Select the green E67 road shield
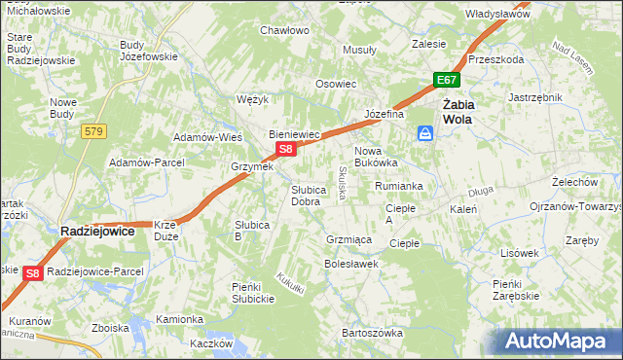pos(446,81)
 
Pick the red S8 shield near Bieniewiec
pos(284,149)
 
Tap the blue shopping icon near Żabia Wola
pos(425,132)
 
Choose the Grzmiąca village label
pos(349,238)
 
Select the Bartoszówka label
pos(372,333)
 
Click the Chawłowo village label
pos(284,30)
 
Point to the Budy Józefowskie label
pos(148,51)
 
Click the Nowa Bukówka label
pos(376,158)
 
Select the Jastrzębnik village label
pos(535,97)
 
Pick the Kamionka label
pos(180,319)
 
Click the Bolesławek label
pos(350,264)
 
